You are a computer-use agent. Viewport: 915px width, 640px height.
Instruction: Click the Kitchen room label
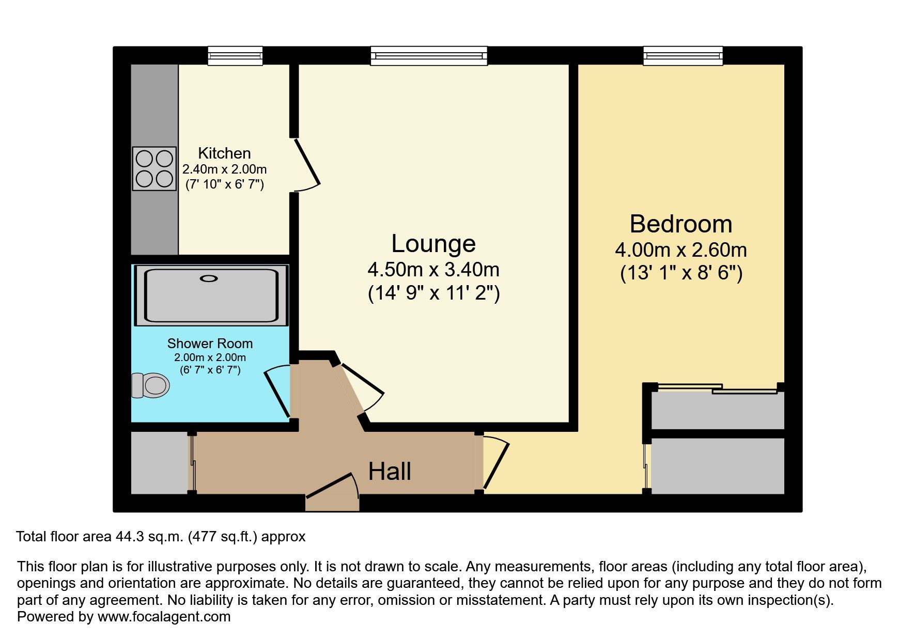click(224, 153)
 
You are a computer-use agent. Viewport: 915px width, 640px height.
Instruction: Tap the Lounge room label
click(433, 244)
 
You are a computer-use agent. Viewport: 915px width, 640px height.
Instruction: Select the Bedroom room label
click(681, 224)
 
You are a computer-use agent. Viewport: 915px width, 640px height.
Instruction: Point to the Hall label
click(390, 471)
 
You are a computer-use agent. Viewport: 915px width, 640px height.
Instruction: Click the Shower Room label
click(210, 344)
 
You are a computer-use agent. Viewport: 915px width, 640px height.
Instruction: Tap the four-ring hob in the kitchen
click(154, 168)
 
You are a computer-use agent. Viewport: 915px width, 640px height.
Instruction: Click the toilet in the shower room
click(150, 385)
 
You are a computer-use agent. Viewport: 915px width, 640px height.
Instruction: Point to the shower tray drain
click(209, 278)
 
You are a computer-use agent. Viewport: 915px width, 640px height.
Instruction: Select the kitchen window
click(235, 56)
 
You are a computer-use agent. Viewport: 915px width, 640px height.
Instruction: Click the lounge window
click(429, 56)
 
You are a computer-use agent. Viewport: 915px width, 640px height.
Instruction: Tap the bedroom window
click(683, 56)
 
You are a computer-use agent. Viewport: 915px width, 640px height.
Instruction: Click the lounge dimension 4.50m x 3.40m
click(433, 270)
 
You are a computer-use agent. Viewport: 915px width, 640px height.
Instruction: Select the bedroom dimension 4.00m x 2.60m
click(681, 250)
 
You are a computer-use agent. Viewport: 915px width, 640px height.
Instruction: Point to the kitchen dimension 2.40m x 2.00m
click(224, 169)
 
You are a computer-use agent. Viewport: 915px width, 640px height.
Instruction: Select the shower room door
click(277, 391)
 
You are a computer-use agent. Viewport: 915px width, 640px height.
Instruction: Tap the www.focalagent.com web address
click(164, 617)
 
